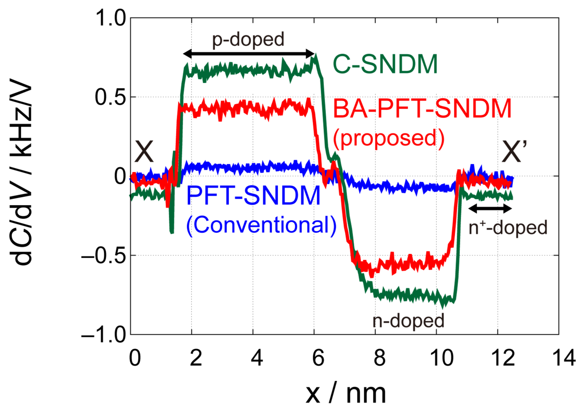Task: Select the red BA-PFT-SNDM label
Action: tap(422, 109)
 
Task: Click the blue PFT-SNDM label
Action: tap(253, 195)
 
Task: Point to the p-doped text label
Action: tap(248, 40)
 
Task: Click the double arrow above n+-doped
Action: tap(490, 209)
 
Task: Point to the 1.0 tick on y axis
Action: tap(110, 18)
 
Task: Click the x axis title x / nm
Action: tap(345, 394)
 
